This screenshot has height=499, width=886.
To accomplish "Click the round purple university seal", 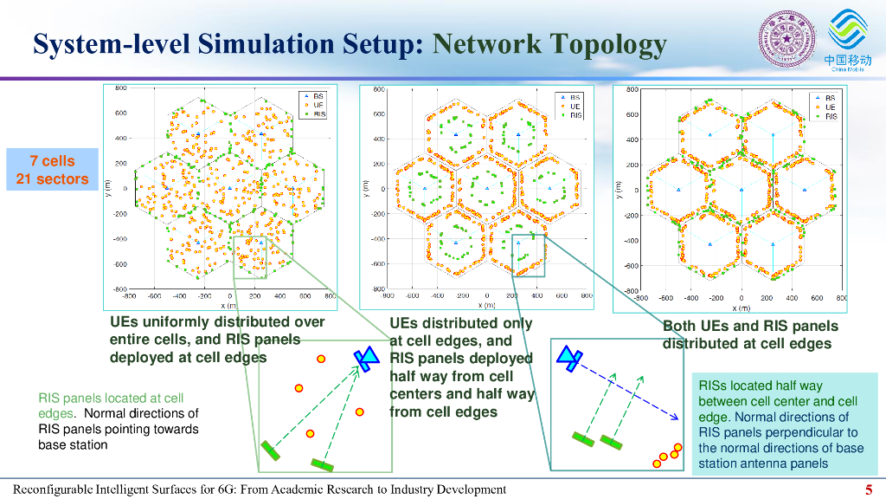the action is tap(786, 40).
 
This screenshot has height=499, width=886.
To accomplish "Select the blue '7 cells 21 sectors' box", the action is tap(52, 170).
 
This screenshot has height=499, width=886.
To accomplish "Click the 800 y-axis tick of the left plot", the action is tap(121, 88).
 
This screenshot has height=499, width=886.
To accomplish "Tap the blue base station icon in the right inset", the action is tap(569, 354).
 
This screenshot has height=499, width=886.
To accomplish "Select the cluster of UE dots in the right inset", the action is tap(668, 455).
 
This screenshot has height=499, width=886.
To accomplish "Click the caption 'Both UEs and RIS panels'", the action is tap(750, 327).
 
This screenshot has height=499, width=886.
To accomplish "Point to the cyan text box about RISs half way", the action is tap(780, 424).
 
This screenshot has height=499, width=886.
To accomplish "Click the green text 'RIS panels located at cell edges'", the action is tap(111, 405).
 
